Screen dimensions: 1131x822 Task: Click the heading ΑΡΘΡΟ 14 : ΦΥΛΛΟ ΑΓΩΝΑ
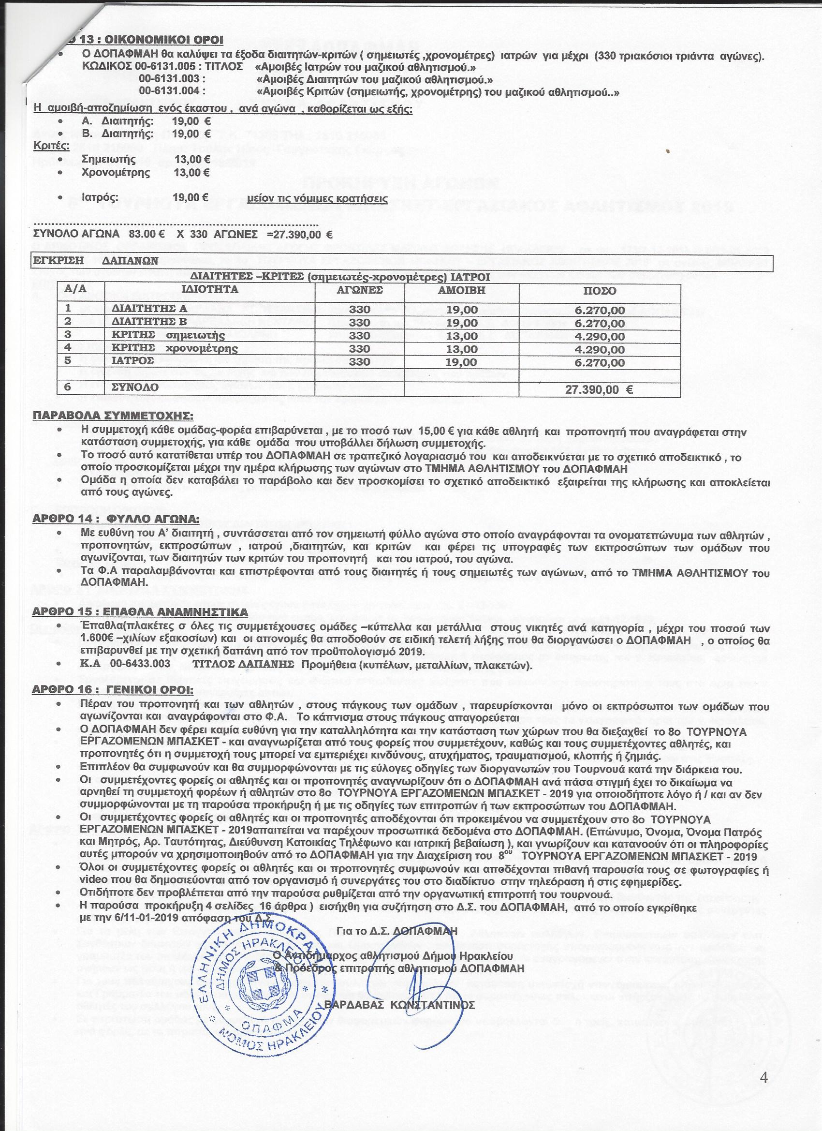coord(116,520)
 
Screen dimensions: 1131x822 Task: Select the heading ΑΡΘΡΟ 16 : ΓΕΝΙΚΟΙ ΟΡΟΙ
coord(113,690)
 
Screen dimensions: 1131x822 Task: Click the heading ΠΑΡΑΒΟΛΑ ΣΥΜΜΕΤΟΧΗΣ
coord(113,415)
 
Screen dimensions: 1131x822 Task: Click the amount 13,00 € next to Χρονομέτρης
coord(192,173)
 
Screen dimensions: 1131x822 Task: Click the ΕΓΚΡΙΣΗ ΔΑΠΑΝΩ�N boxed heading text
coord(95,260)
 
